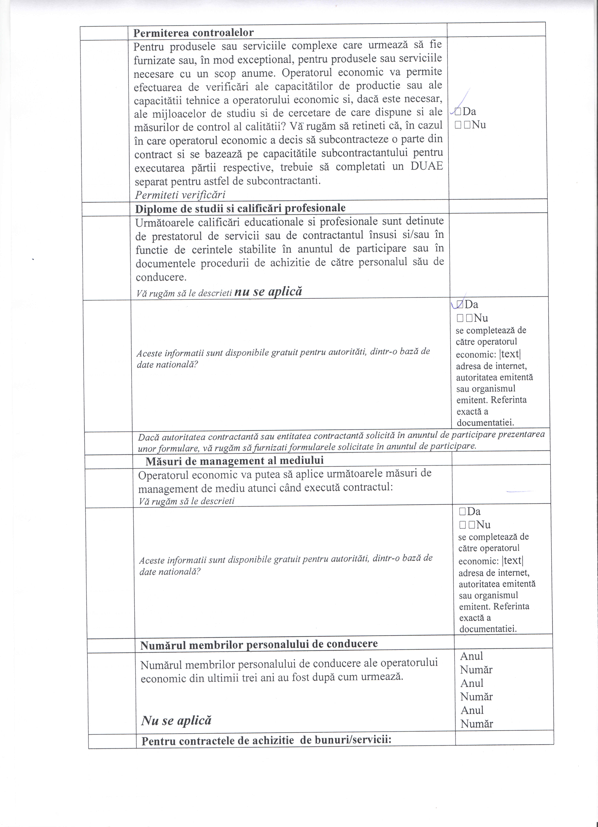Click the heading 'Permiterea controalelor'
pos(193,33)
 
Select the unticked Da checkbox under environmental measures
pos(462,511)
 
